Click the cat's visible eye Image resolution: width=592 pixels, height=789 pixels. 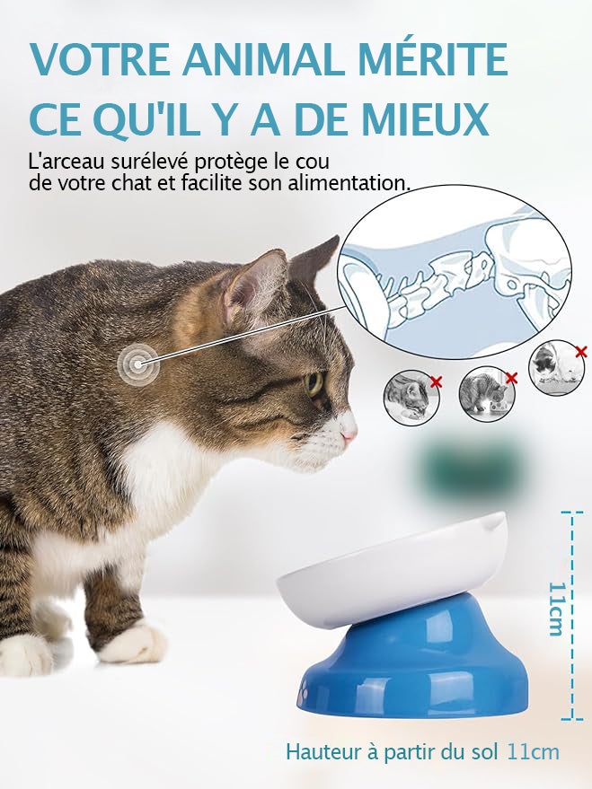point(314,384)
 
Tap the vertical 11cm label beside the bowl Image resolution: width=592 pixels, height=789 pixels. point(557,608)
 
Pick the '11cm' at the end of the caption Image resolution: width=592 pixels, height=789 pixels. point(533,751)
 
